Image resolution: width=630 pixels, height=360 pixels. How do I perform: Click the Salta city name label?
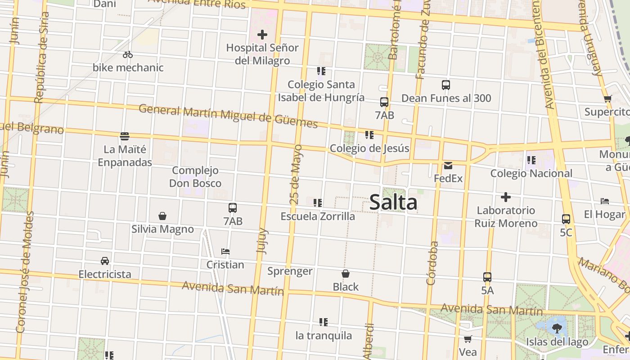[x=393, y=202]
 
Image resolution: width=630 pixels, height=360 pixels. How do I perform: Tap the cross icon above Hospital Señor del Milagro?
[x=262, y=34]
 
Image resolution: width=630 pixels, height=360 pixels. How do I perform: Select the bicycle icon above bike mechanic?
[x=128, y=54]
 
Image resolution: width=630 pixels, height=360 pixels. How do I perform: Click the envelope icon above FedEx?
[x=448, y=165]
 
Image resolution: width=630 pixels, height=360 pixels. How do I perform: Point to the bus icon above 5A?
[x=487, y=277]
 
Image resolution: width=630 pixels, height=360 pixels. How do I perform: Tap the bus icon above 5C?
[x=566, y=219]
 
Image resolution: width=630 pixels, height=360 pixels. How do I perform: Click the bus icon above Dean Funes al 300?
[x=446, y=85]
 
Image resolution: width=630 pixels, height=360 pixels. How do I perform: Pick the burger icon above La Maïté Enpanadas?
[x=125, y=136]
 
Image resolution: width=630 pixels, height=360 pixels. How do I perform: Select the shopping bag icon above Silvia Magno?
[x=162, y=216]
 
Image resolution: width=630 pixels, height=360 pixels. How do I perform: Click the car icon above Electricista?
[x=105, y=261]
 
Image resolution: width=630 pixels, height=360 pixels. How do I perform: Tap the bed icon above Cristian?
[x=225, y=252]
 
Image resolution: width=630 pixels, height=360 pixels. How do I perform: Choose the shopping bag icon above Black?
[x=346, y=274]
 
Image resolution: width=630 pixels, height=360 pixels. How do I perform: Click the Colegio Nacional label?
[x=531, y=173]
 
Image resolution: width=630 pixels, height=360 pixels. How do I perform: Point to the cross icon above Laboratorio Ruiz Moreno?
[x=506, y=197]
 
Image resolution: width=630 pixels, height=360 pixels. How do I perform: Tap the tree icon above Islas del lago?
[x=557, y=328]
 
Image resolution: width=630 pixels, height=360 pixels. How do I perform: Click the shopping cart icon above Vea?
[x=468, y=339]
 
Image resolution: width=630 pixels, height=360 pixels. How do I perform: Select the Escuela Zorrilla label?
[x=318, y=216]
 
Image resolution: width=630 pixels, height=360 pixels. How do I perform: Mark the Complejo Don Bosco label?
[x=195, y=177]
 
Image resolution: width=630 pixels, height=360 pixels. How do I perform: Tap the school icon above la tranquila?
[x=324, y=322]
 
